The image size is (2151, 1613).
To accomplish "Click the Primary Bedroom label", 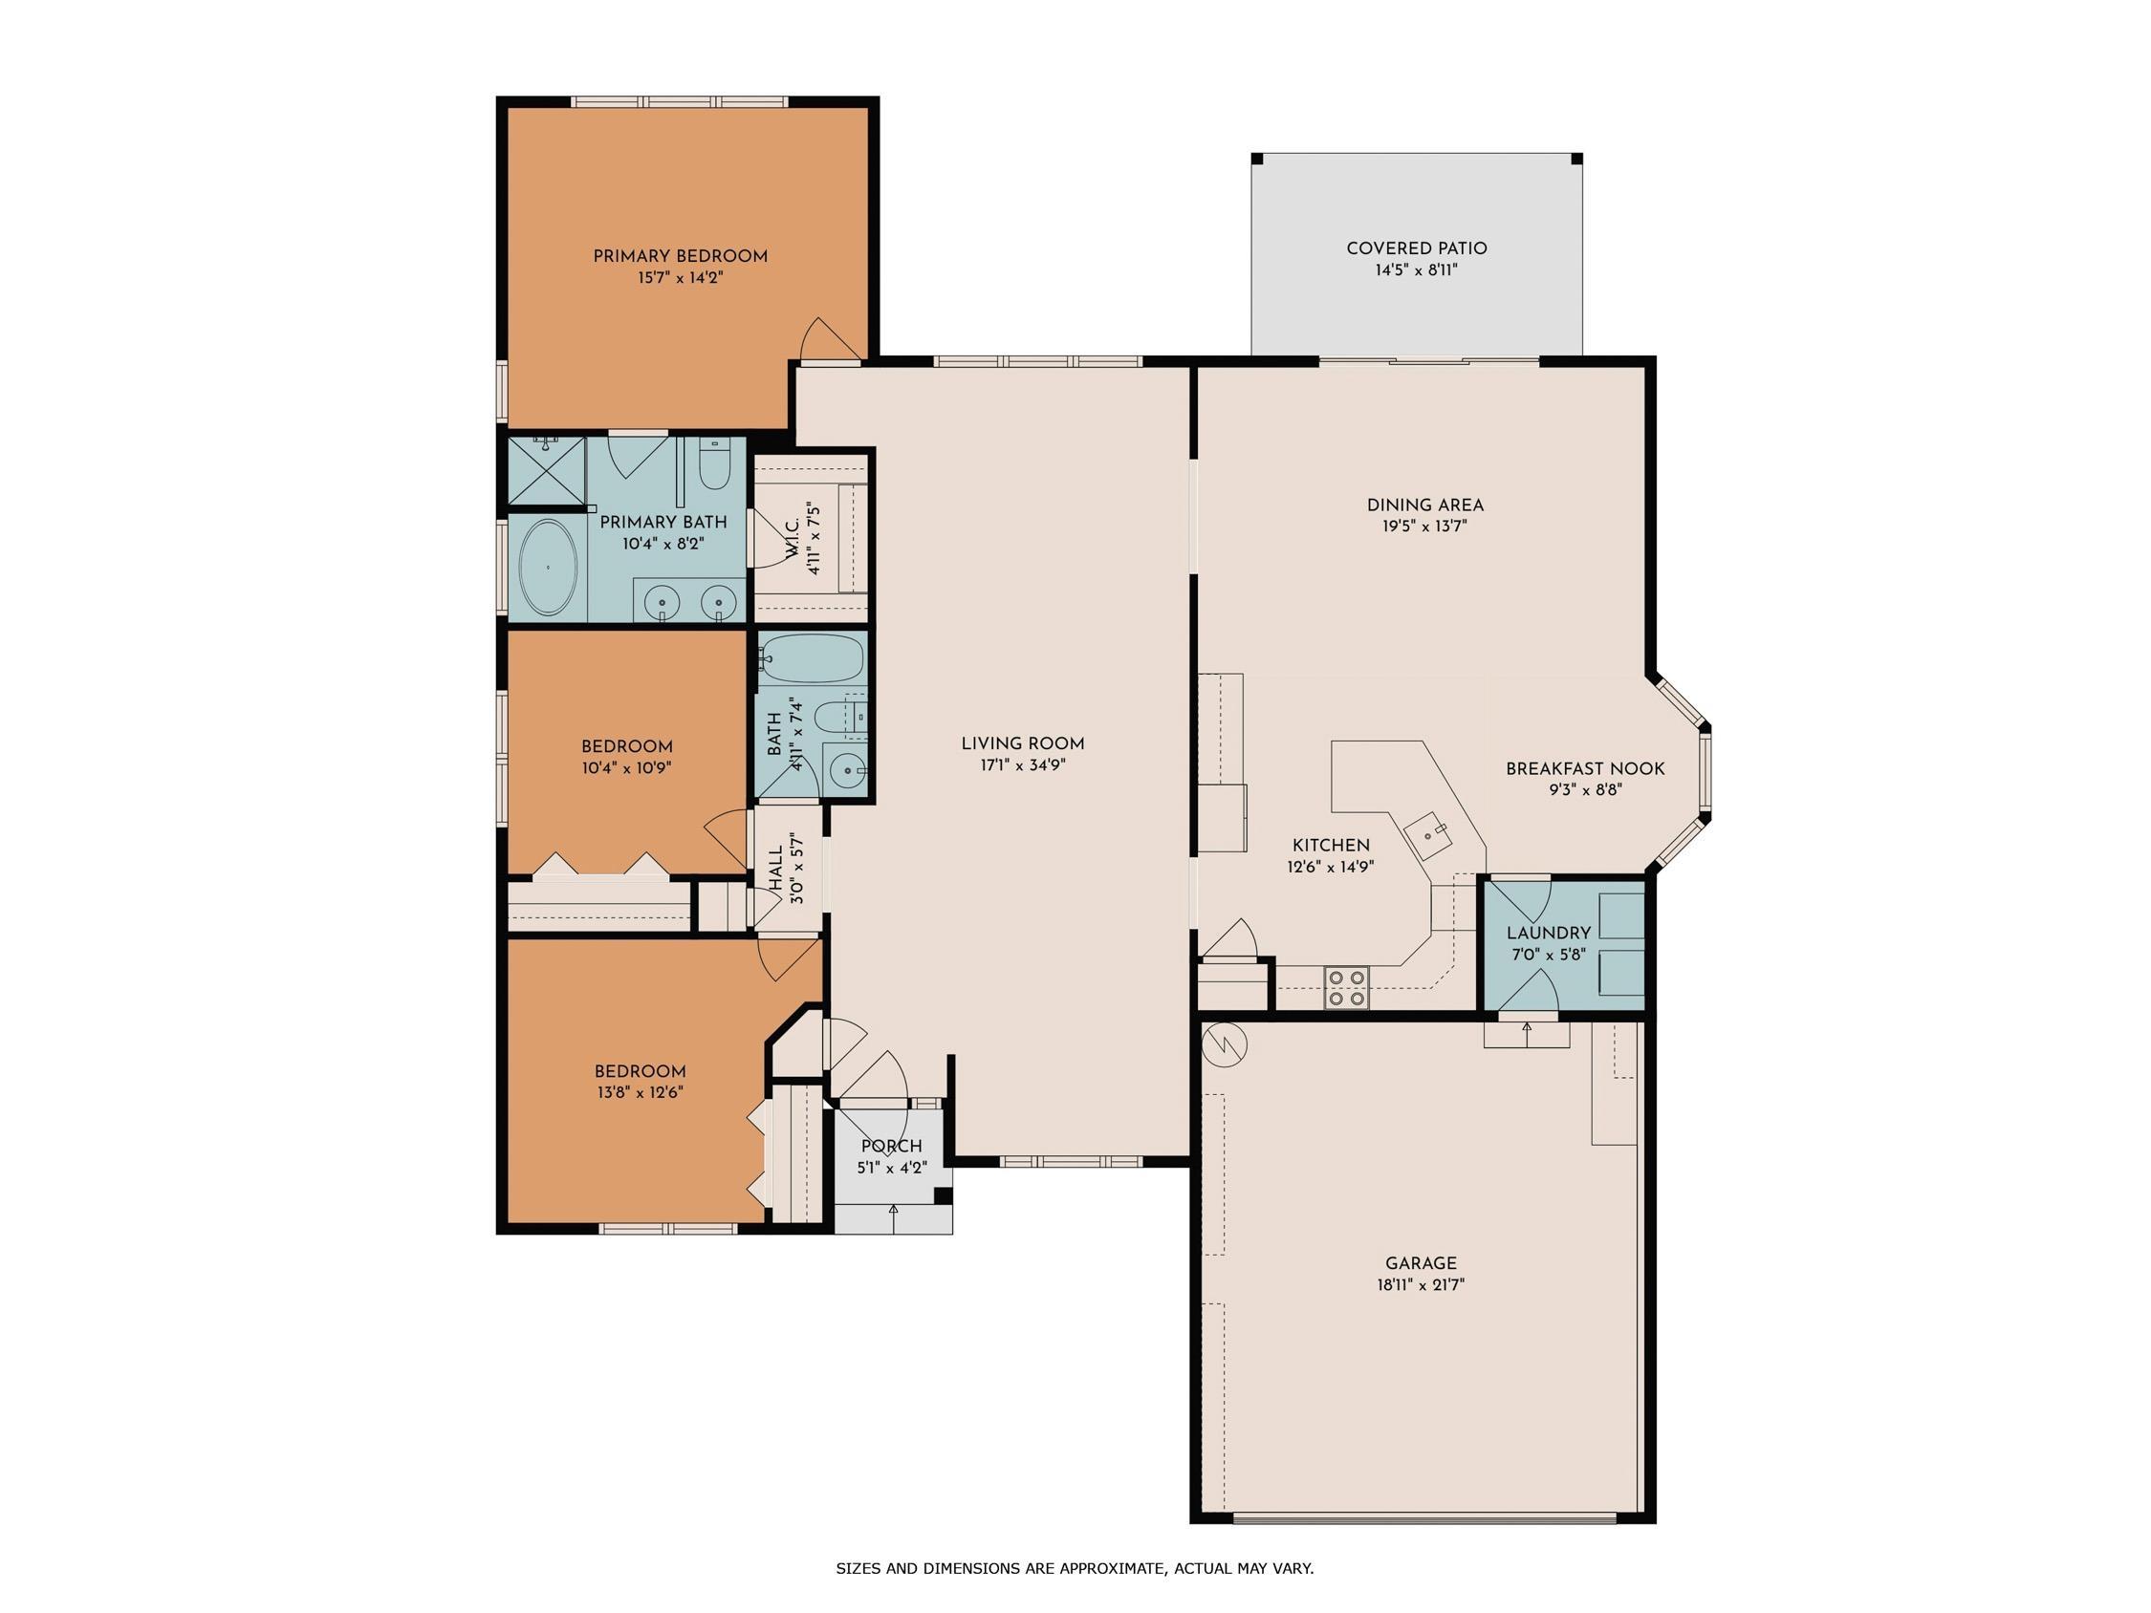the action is (680, 257).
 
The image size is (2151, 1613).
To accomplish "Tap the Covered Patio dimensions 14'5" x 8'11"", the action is (1416, 270).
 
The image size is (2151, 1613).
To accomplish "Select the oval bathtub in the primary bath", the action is (549, 568).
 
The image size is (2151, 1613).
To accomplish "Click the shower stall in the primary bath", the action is (547, 471).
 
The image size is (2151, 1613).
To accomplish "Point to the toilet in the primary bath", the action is (715, 463).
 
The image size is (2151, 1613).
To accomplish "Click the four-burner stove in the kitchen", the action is (1347, 987).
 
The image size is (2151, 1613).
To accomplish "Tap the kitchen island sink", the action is (1428, 833).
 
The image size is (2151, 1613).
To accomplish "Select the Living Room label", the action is (1022, 743).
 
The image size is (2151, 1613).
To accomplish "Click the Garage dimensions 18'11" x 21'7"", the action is (1421, 1284).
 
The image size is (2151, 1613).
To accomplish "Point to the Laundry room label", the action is (1548, 934).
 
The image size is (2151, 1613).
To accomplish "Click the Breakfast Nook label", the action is (1585, 769).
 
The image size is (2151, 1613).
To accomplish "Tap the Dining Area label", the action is (1424, 505).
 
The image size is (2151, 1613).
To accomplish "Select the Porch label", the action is (891, 1147).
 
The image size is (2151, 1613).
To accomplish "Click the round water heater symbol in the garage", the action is (1226, 1046).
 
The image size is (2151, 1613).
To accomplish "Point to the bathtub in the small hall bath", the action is (811, 659).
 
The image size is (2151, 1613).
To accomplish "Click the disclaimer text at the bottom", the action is (1075, 1568).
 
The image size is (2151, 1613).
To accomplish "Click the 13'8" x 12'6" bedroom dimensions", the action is (640, 1093).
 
